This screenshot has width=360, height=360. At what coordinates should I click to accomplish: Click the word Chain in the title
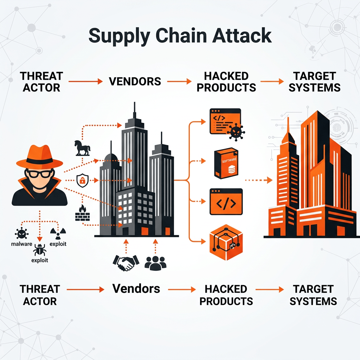click(181, 36)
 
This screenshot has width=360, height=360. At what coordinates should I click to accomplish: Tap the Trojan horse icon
click(82, 148)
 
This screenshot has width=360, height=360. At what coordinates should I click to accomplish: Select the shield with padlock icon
click(82, 180)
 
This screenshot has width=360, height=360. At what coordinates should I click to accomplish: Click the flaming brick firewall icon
click(82, 213)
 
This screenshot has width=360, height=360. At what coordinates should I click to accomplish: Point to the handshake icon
click(126, 263)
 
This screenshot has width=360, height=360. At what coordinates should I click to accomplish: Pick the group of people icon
click(155, 263)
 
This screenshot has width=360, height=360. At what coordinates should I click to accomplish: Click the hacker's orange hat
click(39, 156)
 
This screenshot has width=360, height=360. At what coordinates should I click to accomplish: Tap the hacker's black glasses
click(40, 174)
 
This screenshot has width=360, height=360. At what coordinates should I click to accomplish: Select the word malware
click(21, 244)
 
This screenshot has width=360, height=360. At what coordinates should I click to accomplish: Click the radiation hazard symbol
click(58, 233)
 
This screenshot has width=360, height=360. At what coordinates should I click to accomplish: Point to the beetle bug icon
click(39, 250)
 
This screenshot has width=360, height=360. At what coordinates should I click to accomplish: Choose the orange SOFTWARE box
click(226, 163)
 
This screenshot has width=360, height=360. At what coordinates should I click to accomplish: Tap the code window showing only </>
click(226, 201)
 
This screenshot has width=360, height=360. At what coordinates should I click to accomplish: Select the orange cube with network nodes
click(226, 243)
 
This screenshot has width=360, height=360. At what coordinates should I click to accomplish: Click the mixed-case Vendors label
click(136, 289)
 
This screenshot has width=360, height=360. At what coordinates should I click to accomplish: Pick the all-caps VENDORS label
click(135, 81)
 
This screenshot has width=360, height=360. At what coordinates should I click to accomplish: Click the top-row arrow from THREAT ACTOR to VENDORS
click(85, 81)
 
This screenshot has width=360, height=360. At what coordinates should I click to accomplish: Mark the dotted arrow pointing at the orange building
click(259, 180)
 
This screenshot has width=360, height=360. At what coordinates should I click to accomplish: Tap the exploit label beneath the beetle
click(40, 261)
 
